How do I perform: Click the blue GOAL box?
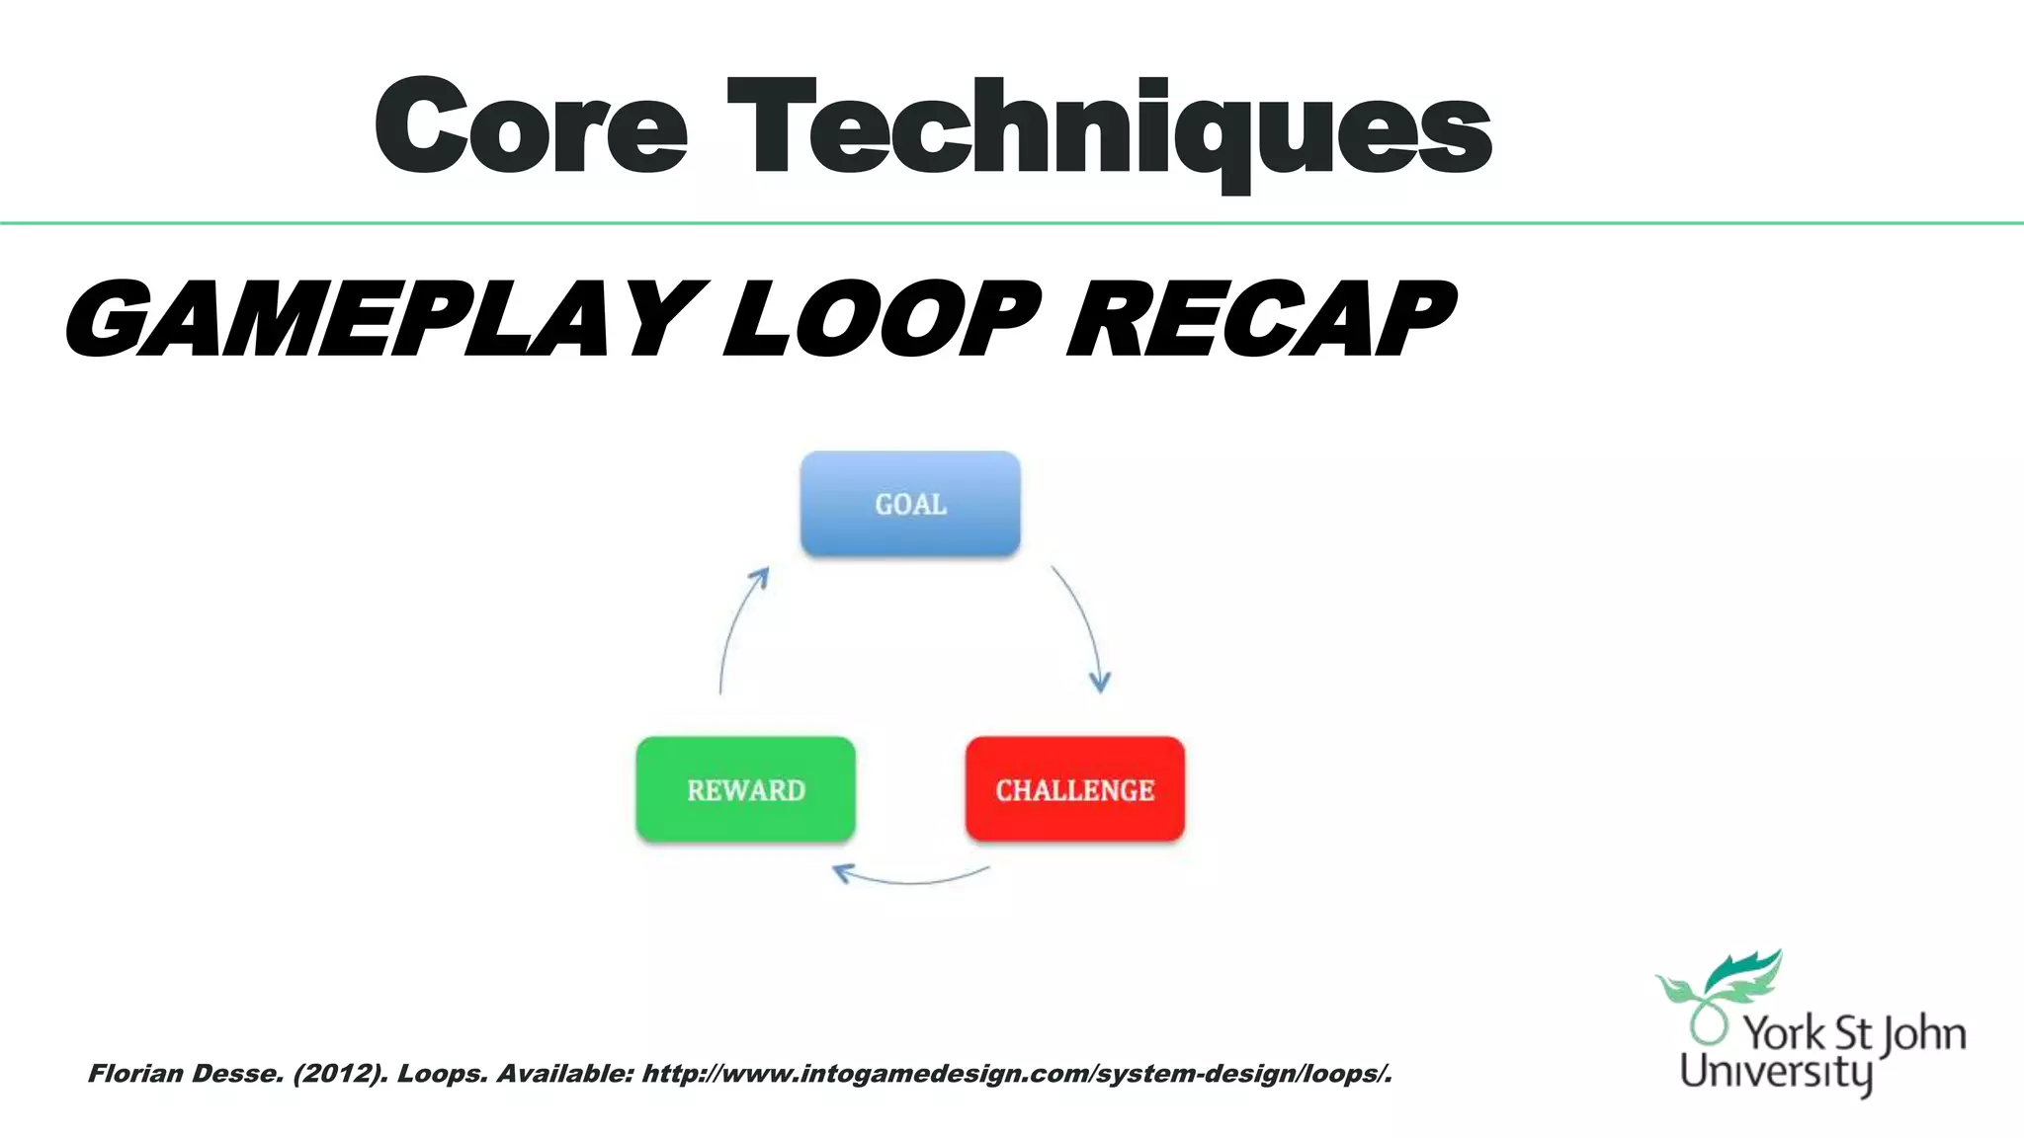pyautogui.click(x=910, y=504)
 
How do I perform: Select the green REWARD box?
pyautogui.click(x=746, y=789)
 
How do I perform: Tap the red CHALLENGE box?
pyautogui.click(x=1074, y=789)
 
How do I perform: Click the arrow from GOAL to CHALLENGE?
pyautogui.click(x=1084, y=622)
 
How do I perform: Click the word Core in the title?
pyautogui.click(x=531, y=128)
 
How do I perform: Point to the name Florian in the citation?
pyautogui.click(x=133, y=1074)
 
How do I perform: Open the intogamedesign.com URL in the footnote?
pyautogui.click(x=1017, y=1074)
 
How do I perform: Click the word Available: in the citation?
pyautogui.click(x=564, y=1074)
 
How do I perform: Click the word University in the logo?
pyautogui.click(x=1776, y=1072)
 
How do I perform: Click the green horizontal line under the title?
pyautogui.click(x=1012, y=223)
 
